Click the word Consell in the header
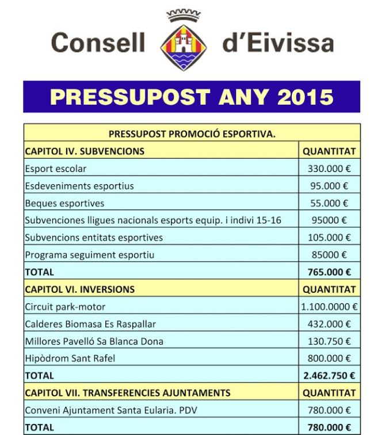pyautogui.click(x=98, y=43)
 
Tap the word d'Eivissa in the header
pyautogui.click(x=277, y=43)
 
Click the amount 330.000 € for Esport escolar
pyautogui.click(x=329, y=169)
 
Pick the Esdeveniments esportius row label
pyautogui.click(x=79, y=186)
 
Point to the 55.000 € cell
pyautogui.click(x=329, y=203)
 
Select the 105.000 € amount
pyautogui.click(x=329, y=237)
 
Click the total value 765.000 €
pyautogui.click(x=329, y=272)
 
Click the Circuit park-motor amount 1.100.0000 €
pyautogui.click(x=329, y=306)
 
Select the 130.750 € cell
pyautogui.click(x=329, y=341)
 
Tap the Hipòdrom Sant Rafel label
pyautogui.click(x=70, y=358)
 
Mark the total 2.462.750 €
pyautogui.click(x=329, y=375)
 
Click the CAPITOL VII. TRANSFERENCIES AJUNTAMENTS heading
pyautogui.click(x=127, y=393)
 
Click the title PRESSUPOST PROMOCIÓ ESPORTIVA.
pyautogui.click(x=192, y=135)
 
